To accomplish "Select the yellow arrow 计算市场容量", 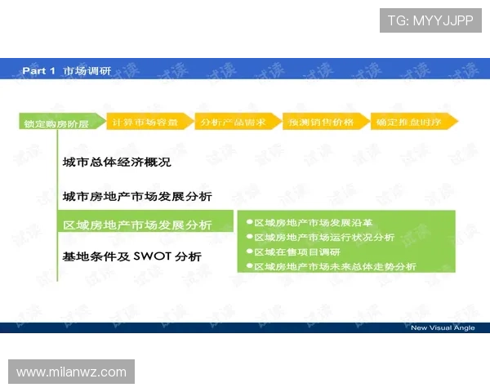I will coord(148,122).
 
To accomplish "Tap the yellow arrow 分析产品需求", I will coord(235,122).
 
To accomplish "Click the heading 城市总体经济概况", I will coord(117,162).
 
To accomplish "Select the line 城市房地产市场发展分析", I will coord(137,197).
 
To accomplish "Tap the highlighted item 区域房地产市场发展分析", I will coord(137,225).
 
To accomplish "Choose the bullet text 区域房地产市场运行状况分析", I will coord(324,237).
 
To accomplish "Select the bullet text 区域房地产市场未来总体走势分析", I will coord(335,266).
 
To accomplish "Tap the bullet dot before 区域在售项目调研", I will coord(249,252).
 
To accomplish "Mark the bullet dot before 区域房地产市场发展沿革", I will coord(249,222).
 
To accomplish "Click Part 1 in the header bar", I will coord(38,71).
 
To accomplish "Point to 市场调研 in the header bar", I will coord(87,71).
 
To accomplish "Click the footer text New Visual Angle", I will coord(442,327).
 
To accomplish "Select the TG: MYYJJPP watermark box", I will coord(430,20).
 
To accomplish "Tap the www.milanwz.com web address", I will coord(72,372).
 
